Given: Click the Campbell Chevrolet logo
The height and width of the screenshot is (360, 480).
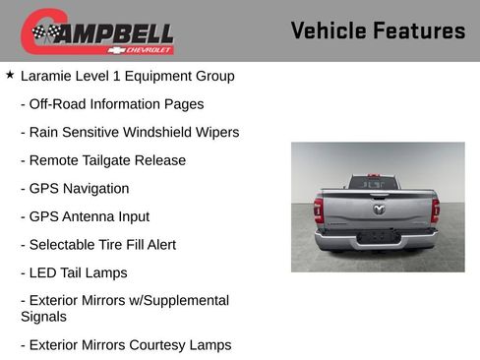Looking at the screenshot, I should [x=97, y=32].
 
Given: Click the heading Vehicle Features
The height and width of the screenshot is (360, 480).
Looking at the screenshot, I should [x=378, y=31].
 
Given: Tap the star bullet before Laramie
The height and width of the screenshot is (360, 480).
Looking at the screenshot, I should [x=10, y=75].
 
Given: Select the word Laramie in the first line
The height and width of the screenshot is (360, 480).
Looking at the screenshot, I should [x=48, y=76].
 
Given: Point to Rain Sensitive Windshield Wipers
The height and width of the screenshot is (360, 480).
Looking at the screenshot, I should [x=129, y=132].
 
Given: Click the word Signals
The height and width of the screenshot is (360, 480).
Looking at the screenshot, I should [x=43, y=317].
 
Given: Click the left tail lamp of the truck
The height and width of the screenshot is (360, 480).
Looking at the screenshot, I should [x=319, y=210].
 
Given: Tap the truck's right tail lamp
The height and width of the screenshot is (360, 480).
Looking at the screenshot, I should [x=435, y=210].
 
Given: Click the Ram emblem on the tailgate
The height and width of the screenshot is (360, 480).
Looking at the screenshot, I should [x=379, y=209].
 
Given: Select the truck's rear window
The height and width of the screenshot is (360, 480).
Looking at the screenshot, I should [x=375, y=183].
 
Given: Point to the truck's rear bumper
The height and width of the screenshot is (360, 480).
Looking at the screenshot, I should [x=377, y=239].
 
